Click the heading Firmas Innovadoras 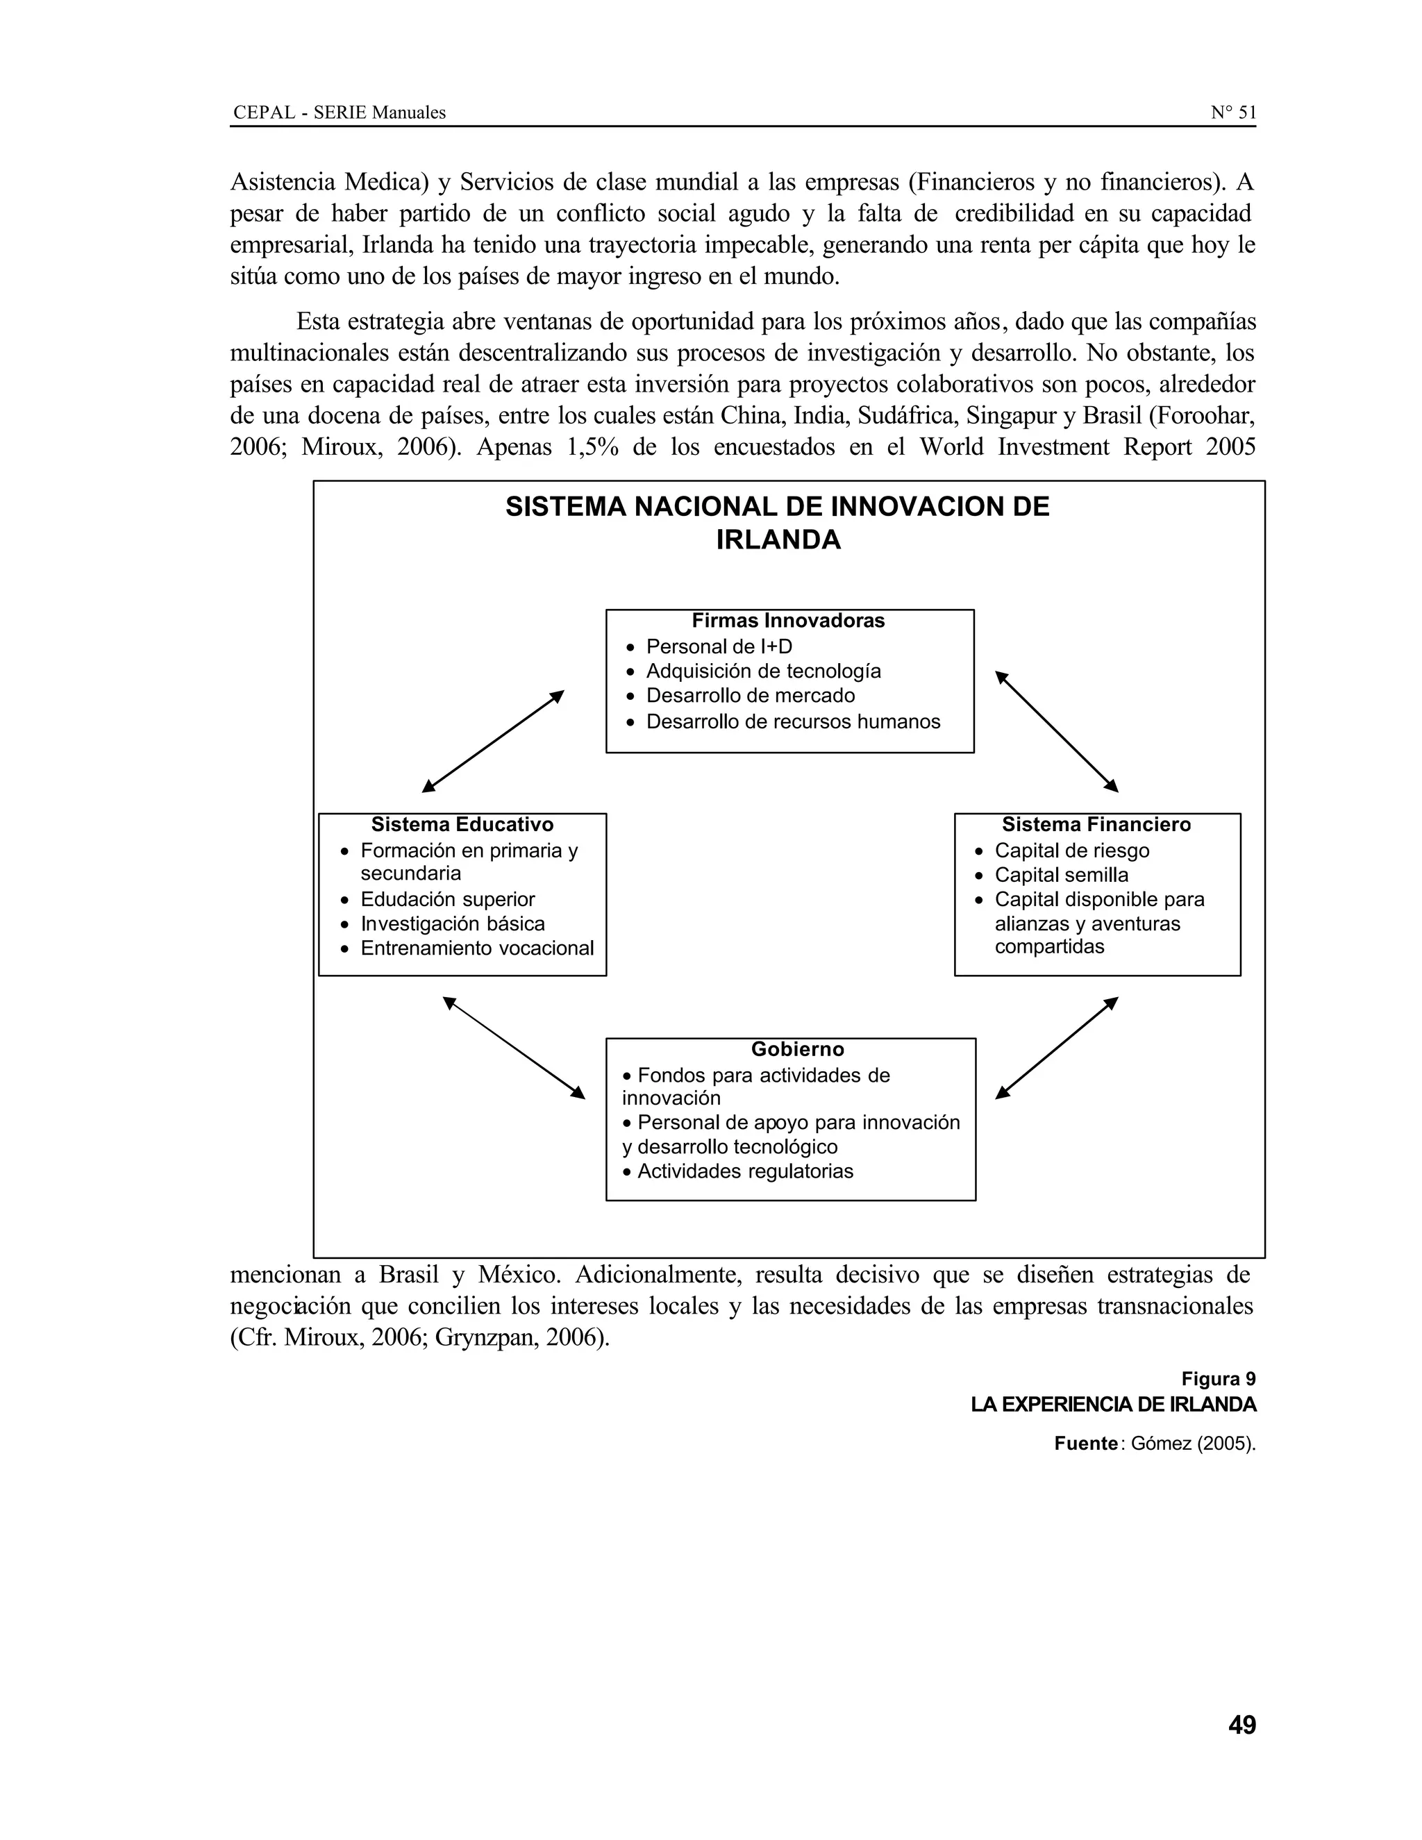(787, 621)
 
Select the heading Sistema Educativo (462, 825)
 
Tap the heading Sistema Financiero (1096, 825)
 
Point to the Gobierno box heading (797, 1050)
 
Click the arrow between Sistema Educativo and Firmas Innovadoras (493, 742)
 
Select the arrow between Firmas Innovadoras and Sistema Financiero (1056, 731)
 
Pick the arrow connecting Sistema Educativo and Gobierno (514, 1048)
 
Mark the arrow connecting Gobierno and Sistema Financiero (1056, 1048)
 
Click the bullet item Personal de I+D (719, 647)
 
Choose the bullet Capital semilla (1061, 876)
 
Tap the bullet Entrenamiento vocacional (477, 948)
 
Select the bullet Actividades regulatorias (745, 1172)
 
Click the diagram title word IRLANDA (778, 540)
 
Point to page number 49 (1241, 1725)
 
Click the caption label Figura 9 (1217, 1379)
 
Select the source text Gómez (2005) (1192, 1444)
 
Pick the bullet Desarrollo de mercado (750, 696)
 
